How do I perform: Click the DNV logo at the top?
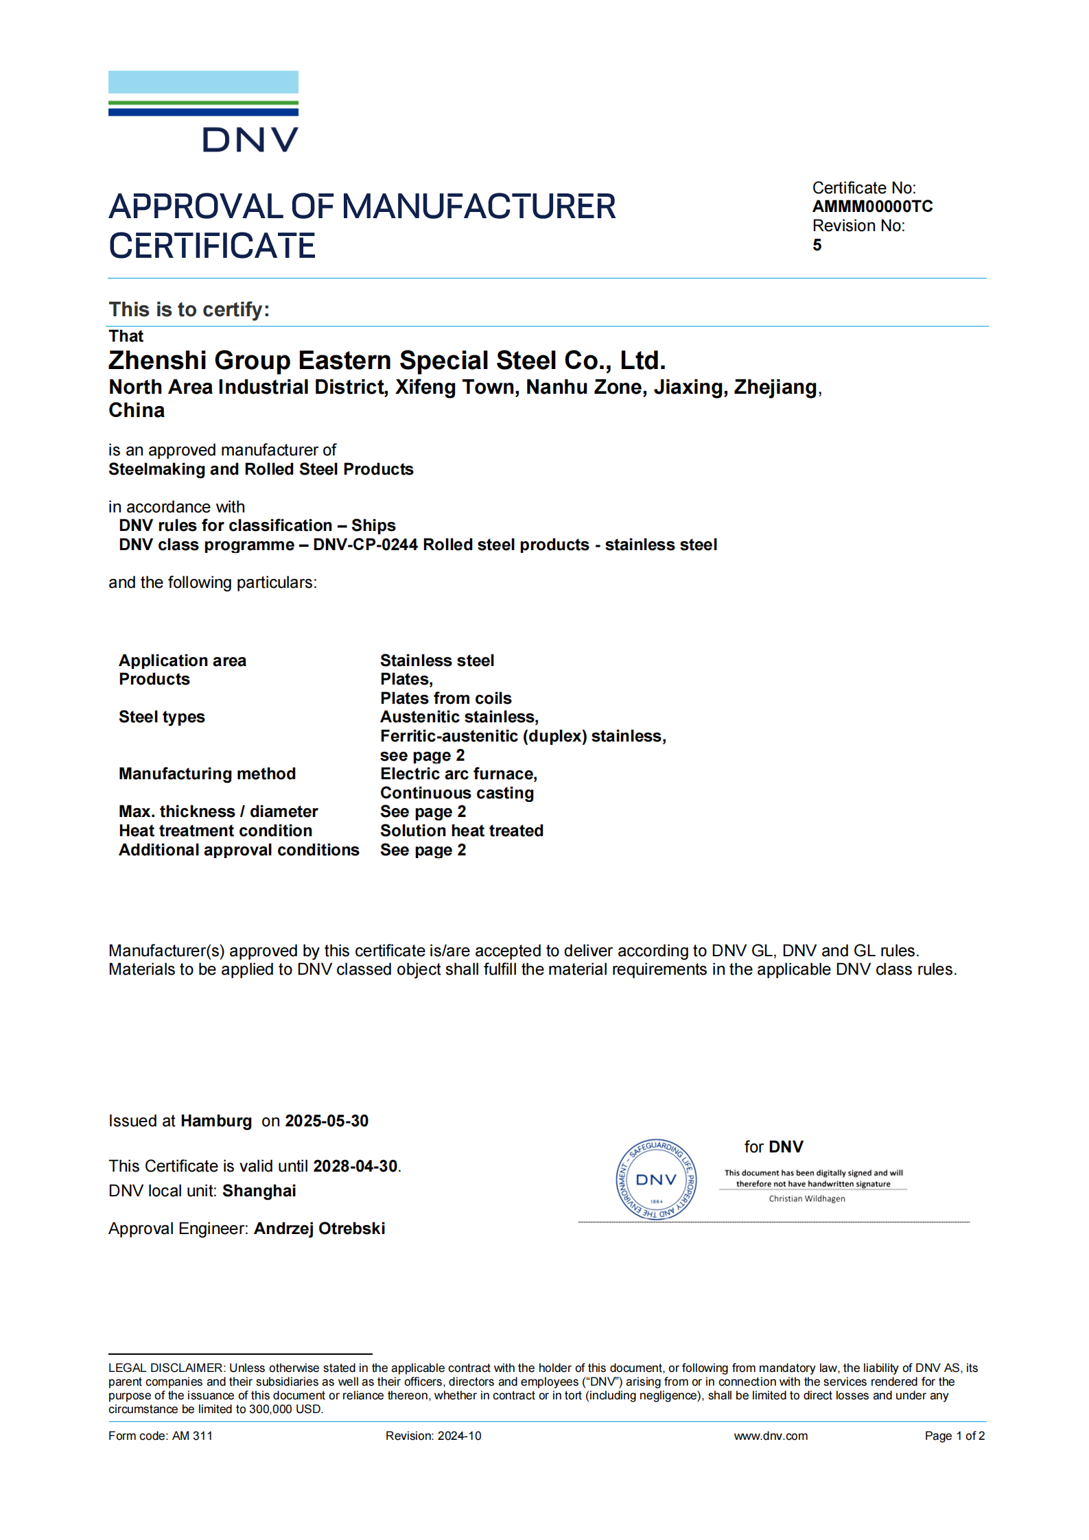tap(203, 111)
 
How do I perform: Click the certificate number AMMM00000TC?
tap(872, 206)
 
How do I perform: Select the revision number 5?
tap(817, 245)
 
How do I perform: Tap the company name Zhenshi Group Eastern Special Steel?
tap(386, 360)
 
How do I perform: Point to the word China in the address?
tap(137, 410)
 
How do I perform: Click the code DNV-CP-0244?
tap(365, 545)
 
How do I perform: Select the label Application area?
tap(183, 661)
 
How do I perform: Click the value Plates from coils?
tap(446, 698)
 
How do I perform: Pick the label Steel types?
tap(162, 717)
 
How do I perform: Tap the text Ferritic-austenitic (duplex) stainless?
tap(523, 736)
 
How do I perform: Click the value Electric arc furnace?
tap(458, 774)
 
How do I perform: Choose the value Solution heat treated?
tap(462, 831)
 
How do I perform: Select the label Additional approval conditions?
tap(239, 850)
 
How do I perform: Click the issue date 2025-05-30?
tap(327, 1121)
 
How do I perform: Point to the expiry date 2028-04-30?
tap(355, 1166)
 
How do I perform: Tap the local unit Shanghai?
tap(259, 1191)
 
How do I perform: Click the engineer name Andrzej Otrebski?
tap(319, 1229)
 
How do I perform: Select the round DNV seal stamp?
tap(656, 1179)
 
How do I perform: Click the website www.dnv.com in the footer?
tap(771, 1436)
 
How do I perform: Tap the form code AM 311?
tap(192, 1436)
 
